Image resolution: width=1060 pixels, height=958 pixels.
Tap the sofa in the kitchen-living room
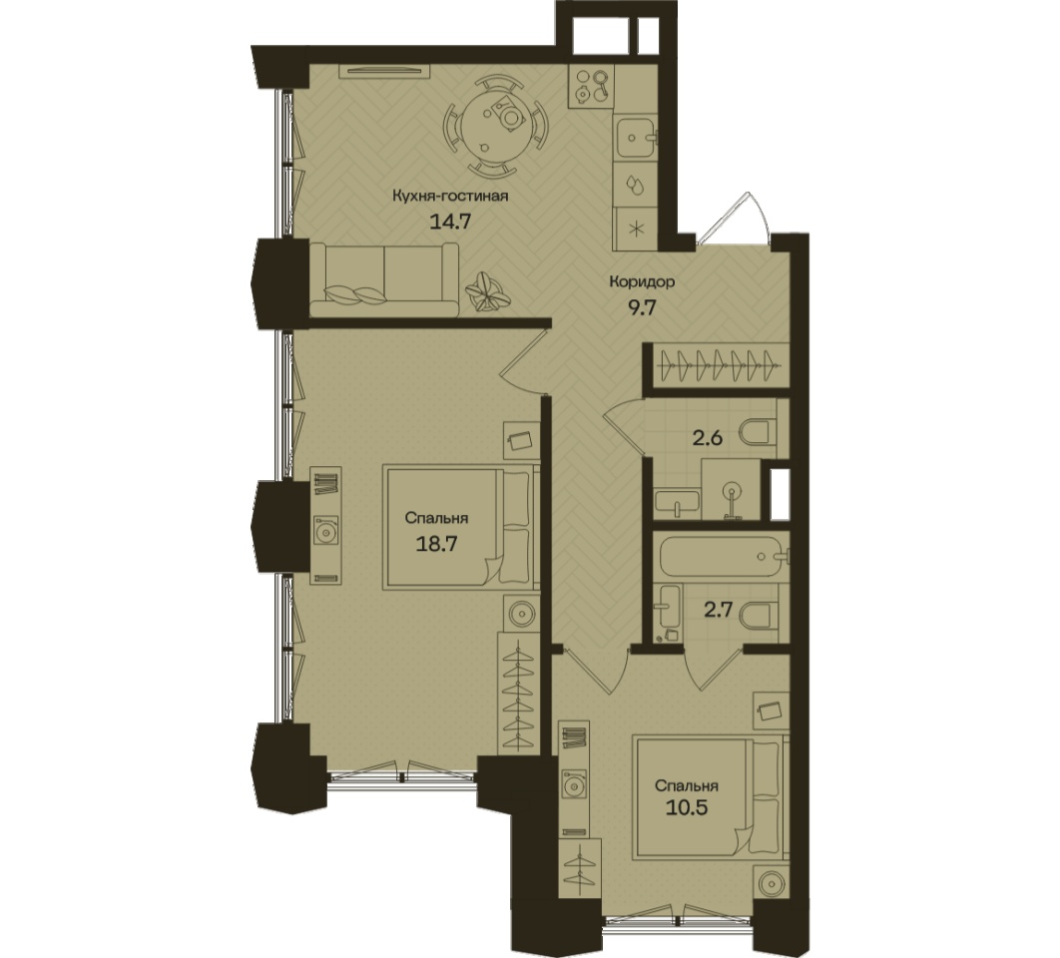tap(384, 279)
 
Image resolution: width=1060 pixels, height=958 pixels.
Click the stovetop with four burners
tap(592, 87)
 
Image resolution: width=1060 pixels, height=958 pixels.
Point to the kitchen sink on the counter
tap(635, 138)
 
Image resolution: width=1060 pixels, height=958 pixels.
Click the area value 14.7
tap(449, 222)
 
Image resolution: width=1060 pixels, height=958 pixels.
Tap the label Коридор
tap(642, 282)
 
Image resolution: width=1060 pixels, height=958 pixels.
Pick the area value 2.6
tap(707, 438)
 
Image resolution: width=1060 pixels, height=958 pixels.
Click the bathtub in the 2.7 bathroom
tap(722, 556)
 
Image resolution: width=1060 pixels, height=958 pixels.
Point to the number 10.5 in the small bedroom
tap(686, 808)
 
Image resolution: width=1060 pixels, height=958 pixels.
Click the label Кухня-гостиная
tap(450, 197)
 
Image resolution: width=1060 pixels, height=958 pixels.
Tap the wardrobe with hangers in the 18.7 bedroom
tap(518, 693)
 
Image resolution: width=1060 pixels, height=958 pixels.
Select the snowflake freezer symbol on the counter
tap(636, 228)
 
